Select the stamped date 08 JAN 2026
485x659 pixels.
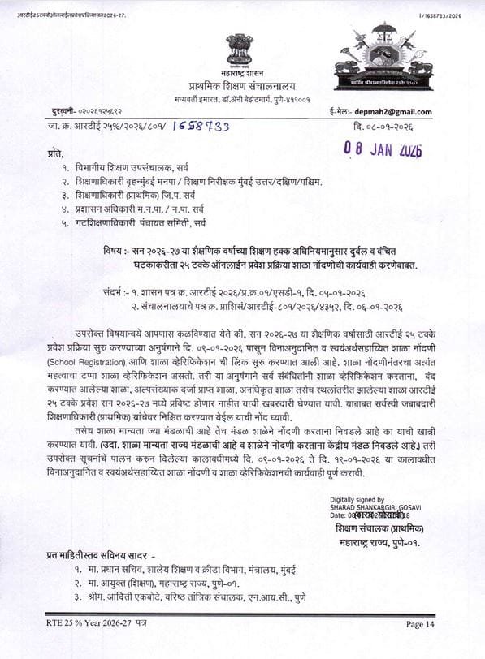[383, 151]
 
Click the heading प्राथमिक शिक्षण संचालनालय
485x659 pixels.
[240, 86]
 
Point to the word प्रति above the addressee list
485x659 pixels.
[54, 152]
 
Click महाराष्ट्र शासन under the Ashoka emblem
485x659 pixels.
[240, 75]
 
